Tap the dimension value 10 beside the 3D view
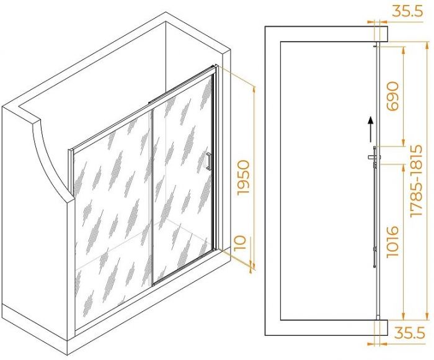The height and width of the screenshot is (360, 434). tap(241, 243)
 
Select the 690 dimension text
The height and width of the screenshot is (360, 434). tap(392, 96)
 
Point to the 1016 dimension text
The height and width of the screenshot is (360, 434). tap(392, 242)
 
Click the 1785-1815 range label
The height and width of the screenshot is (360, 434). tap(417, 181)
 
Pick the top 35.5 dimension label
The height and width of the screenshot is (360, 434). tap(408, 12)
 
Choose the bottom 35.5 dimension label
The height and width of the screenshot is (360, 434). tap(409, 333)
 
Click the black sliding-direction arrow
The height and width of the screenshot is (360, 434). tap(370, 130)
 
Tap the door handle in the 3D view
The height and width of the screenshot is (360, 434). tap(209, 161)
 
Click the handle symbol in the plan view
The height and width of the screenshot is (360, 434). tap(374, 157)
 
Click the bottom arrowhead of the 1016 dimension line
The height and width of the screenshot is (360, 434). tap(403, 316)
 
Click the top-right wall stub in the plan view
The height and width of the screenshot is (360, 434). tap(383, 34)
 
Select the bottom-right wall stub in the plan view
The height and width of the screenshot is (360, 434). tap(383, 328)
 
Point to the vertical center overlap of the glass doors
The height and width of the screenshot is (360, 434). tap(152, 197)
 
